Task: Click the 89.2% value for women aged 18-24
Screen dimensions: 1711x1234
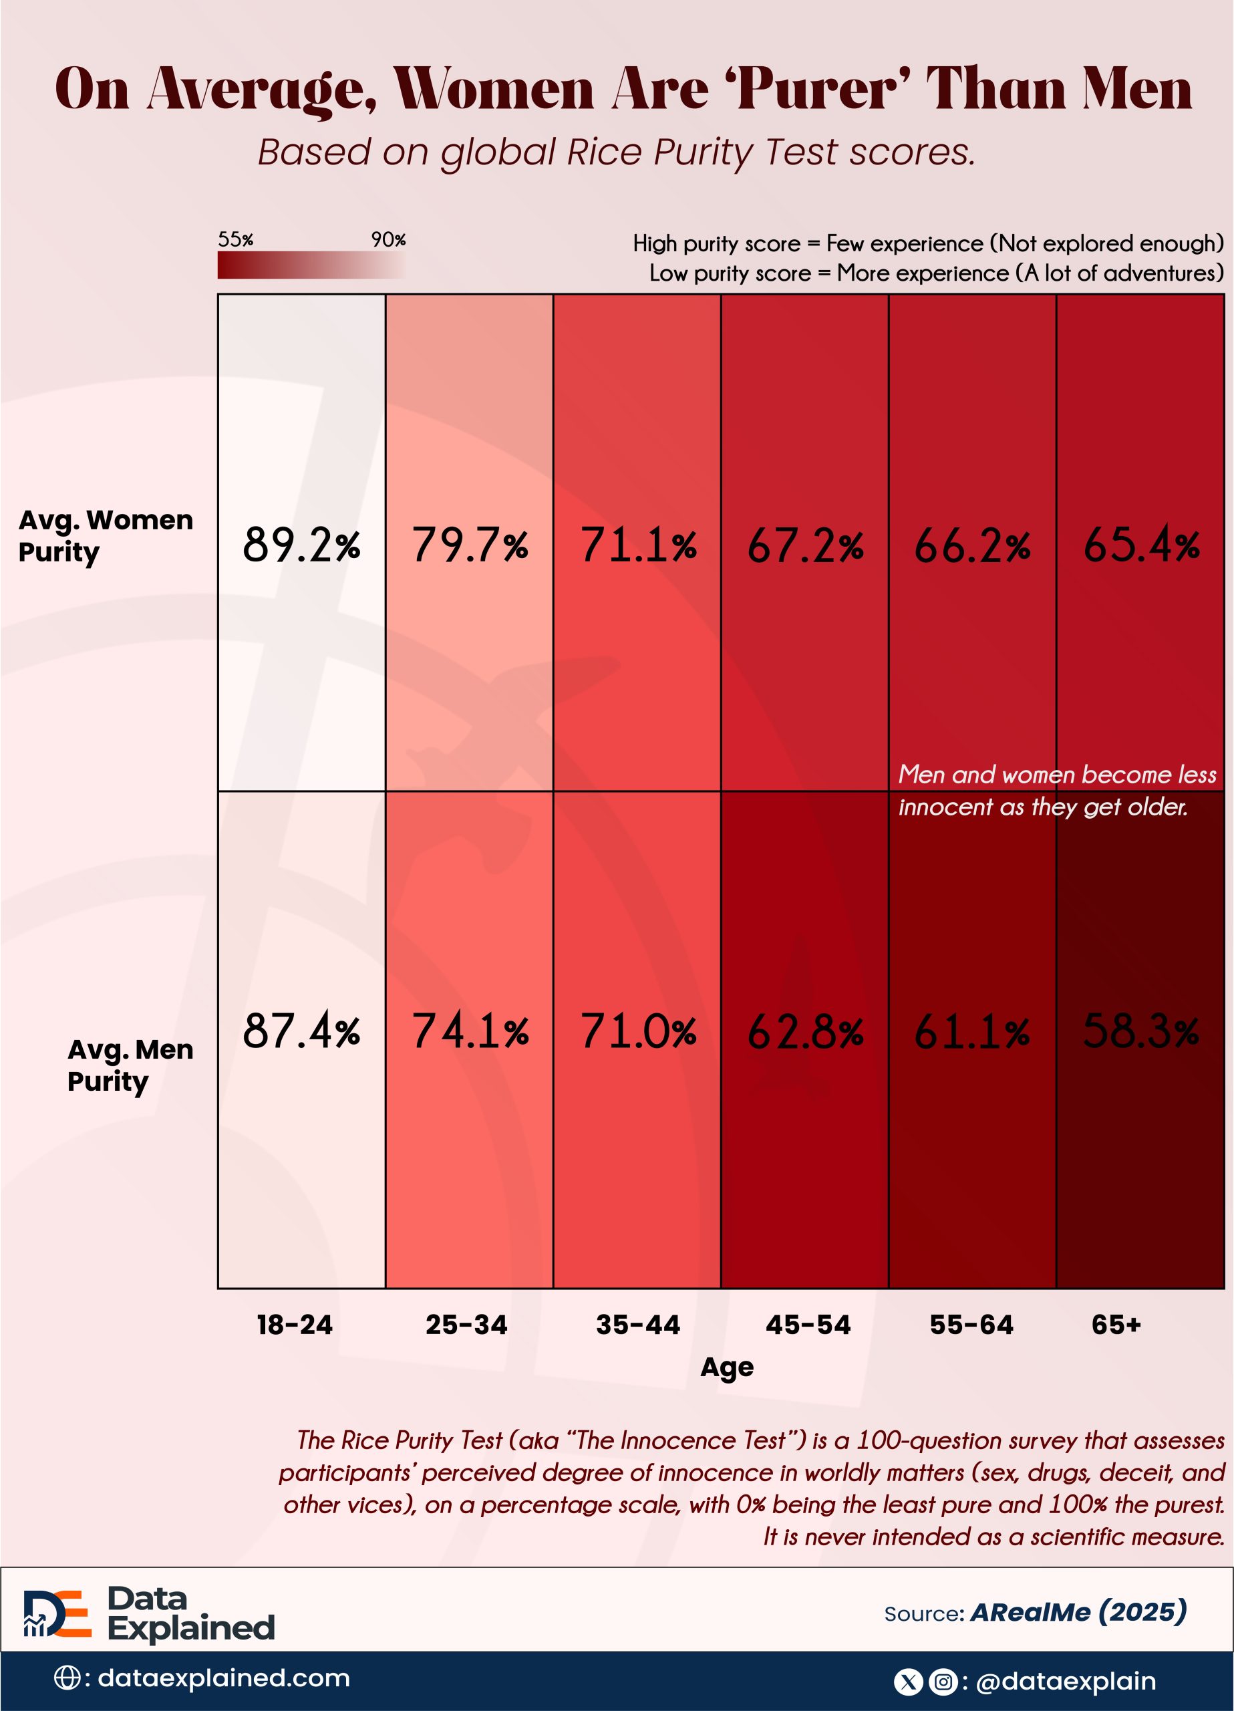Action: (301, 545)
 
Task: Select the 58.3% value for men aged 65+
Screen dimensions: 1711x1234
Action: (1140, 1031)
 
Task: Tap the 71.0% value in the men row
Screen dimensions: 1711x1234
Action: (637, 1031)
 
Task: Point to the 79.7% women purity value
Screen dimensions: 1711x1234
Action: (469, 545)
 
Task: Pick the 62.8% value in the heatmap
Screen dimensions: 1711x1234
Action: (805, 1031)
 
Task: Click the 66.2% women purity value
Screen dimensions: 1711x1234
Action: (972, 545)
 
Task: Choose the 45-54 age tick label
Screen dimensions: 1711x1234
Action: (808, 1324)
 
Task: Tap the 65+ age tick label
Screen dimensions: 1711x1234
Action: (1116, 1324)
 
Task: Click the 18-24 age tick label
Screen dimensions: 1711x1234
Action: (294, 1324)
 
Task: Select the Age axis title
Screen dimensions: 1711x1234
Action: (726, 1366)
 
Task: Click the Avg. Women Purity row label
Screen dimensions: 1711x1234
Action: (106, 535)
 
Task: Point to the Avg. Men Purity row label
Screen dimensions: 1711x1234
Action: (130, 1065)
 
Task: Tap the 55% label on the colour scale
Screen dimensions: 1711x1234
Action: (235, 240)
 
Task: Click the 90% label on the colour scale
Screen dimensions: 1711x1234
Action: (388, 240)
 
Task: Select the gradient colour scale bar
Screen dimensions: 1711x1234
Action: (311, 265)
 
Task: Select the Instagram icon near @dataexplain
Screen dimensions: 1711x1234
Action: (943, 1681)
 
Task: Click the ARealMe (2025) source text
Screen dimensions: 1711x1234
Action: (1078, 1612)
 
